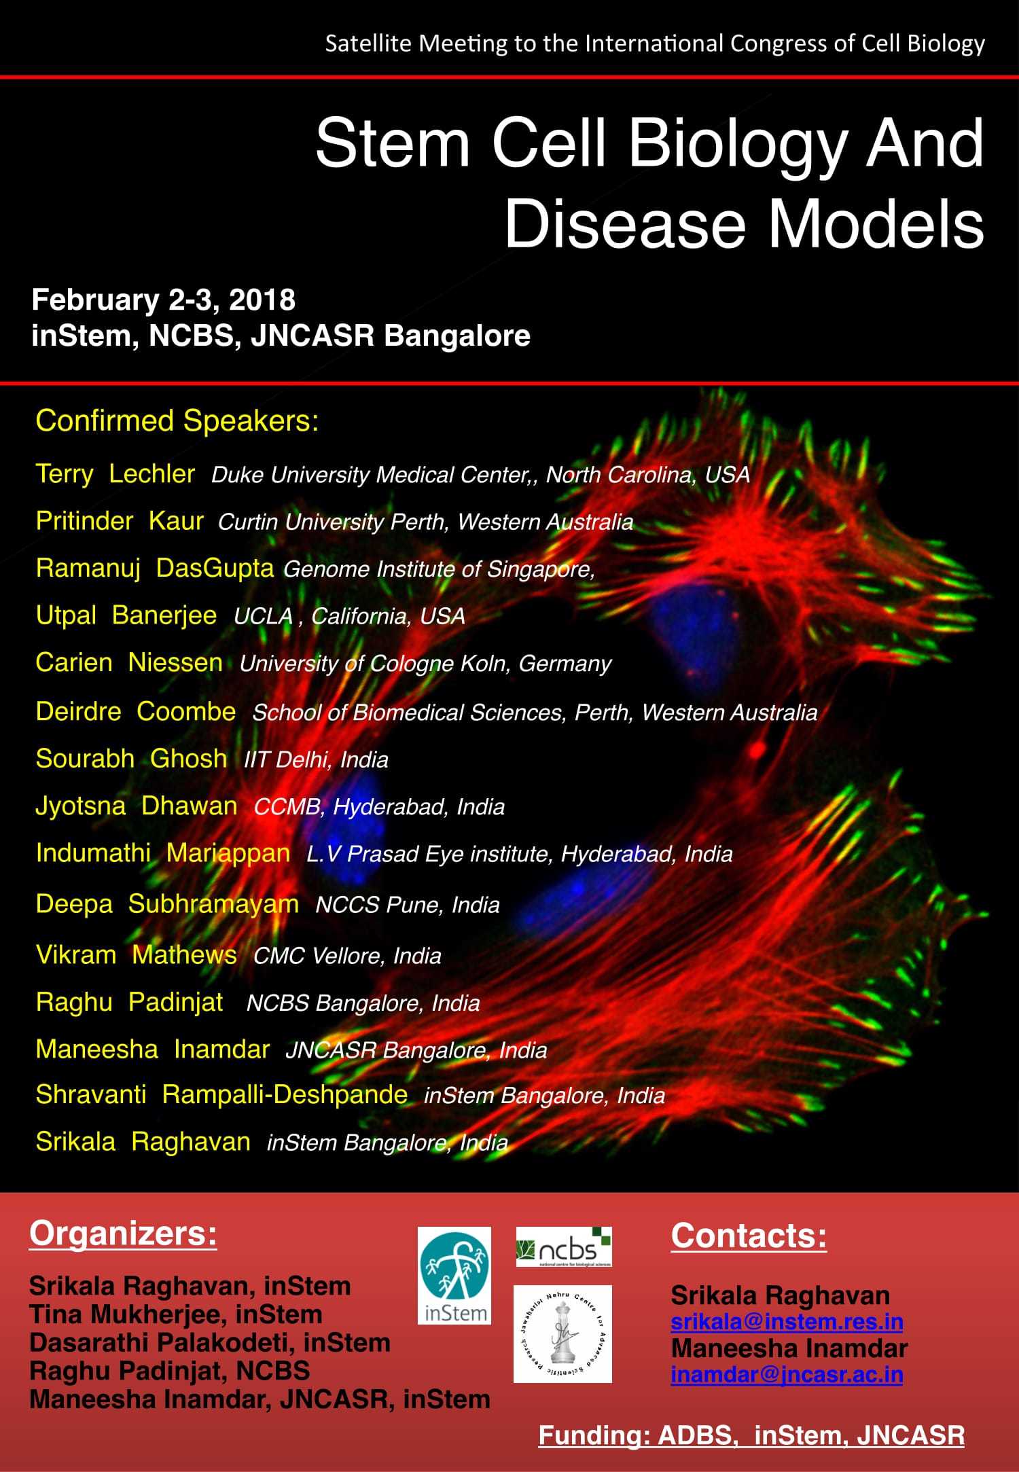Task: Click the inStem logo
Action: pyautogui.click(x=454, y=1275)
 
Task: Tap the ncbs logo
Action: pyautogui.click(x=564, y=1246)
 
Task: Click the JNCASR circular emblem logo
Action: pyautogui.click(x=562, y=1333)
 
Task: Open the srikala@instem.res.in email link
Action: pyautogui.click(x=787, y=1321)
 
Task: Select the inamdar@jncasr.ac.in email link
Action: pyautogui.click(x=787, y=1374)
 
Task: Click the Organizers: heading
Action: pyautogui.click(x=123, y=1234)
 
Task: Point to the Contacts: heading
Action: pyautogui.click(x=749, y=1236)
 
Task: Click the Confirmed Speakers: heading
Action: pyautogui.click(x=177, y=420)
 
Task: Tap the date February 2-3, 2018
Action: pyautogui.click(x=164, y=300)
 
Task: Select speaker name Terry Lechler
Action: pyautogui.click(x=115, y=473)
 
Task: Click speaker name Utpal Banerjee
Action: pyautogui.click(x=126, y=615)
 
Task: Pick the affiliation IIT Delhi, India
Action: pyautogui.click(x=316, y=759)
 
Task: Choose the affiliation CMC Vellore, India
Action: pyautogui.click(x=347, y=956)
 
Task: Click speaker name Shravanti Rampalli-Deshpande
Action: pyautogui.click(x=221, y=1094)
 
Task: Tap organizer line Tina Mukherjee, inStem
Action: pyautogui.click(x=176, y=1314)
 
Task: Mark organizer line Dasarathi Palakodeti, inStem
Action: pyautogui.click(x=210, y=1343)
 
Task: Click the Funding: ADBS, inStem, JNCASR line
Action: pyautogui.click(x=751, y=1435)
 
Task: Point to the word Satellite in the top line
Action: pyautogui.click(x=368, y=43)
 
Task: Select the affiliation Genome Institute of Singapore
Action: pyautogui.click(x=439, y=569)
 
